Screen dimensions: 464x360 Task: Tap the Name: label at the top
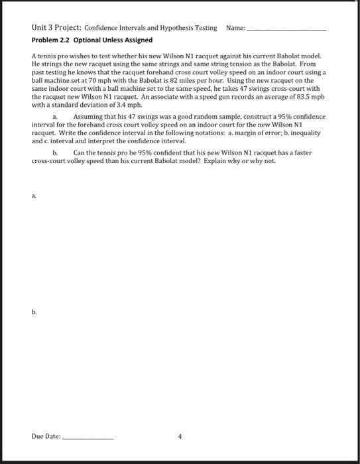point(235,29)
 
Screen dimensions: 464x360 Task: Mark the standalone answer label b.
point(34,312)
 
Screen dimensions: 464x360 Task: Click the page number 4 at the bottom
point(180,436)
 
